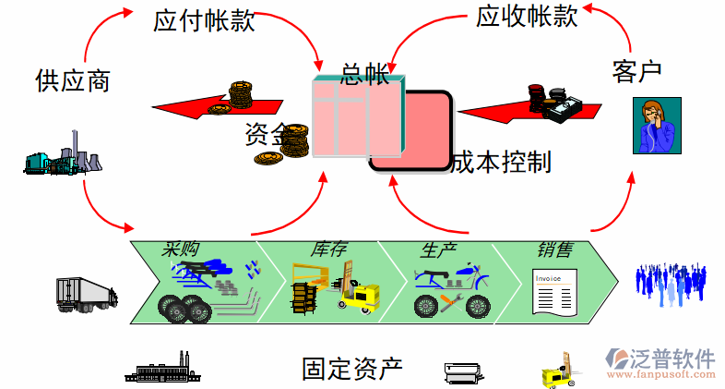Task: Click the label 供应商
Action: [73, 81]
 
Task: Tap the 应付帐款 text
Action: [204, 22]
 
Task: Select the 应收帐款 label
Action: [527, 16]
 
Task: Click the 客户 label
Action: [637, 70]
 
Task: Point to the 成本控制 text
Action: [501, 163]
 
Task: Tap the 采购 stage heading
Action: [181, 249]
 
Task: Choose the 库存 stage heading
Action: [328, 249]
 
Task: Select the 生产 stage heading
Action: [438, 249]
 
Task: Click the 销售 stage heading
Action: [554, 249]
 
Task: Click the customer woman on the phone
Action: [656, 126]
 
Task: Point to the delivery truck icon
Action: [86, 293]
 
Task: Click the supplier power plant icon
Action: [61, 159]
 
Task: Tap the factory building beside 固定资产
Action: [162, 369]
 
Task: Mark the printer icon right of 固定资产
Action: [463, 372]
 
